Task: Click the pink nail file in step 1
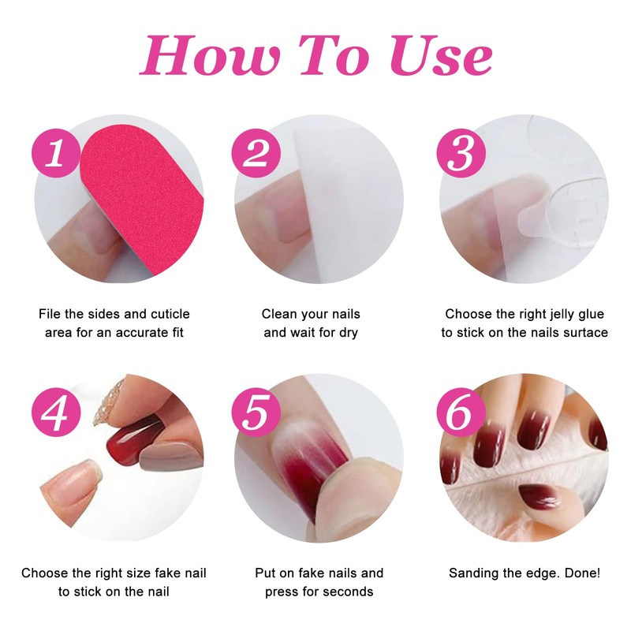(x=146, y=197)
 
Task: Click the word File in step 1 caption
(x=50, y=314)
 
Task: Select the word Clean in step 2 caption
(x=280, y=314)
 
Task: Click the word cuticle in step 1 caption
(x=165, y=314)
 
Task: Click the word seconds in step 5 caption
(x=347, y=592)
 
